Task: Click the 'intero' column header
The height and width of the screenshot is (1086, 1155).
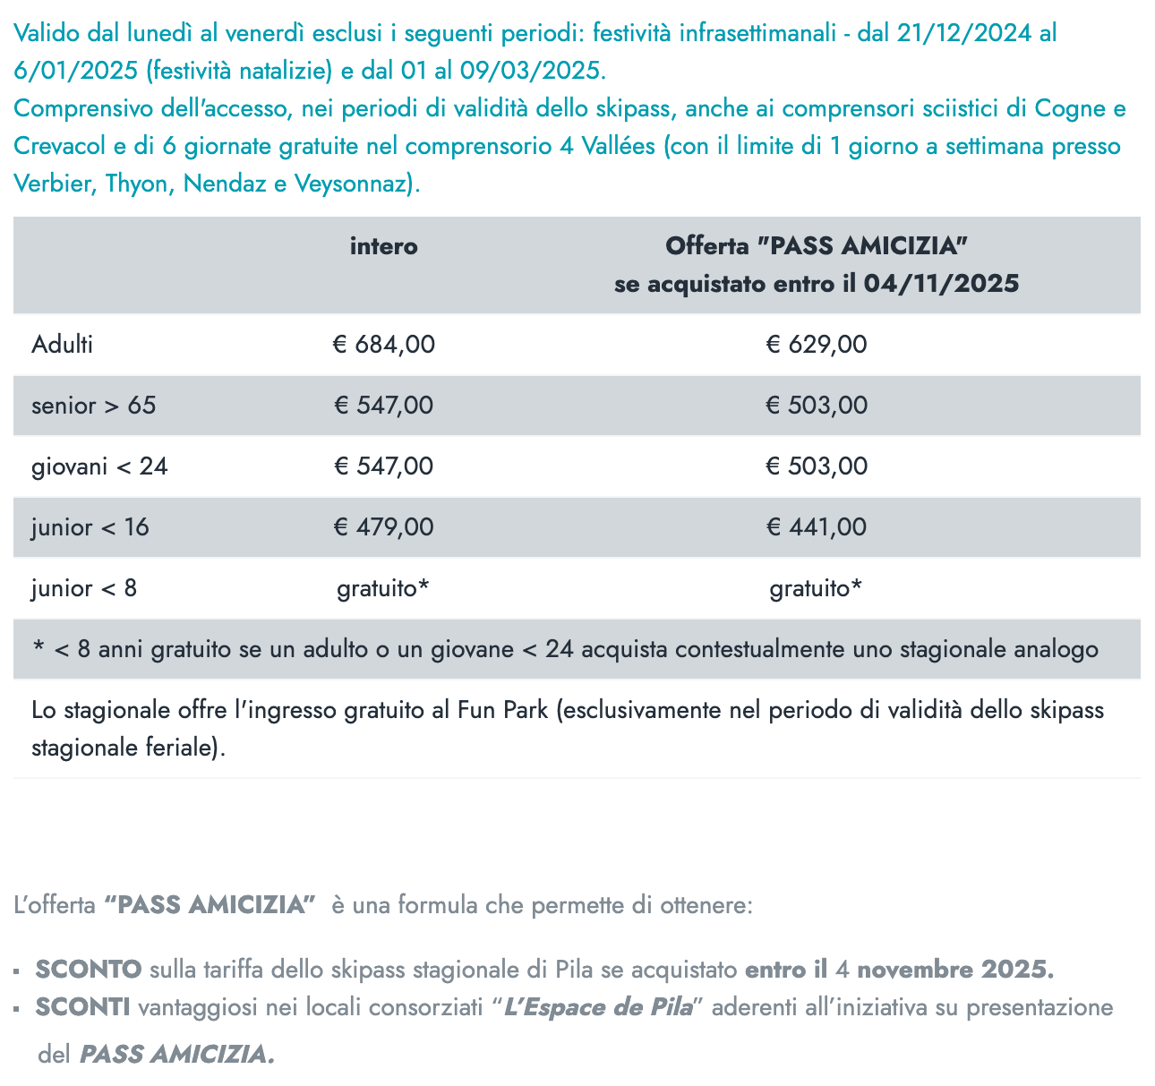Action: (x=383, y=246)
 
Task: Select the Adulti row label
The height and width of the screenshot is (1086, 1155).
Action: (x=62, y=345)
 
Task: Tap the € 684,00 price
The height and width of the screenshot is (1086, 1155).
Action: (x=383, y=345)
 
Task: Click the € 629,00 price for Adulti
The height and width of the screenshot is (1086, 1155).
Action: (x=817, y=345)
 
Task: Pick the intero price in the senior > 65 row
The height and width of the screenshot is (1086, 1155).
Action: (x=383, y=406)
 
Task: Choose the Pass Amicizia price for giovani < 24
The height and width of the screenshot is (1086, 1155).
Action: (x=817, y=466)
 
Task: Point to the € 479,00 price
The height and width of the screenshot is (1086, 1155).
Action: (x=383, y=527)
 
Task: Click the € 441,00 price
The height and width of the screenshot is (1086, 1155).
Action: (x=817, y=527)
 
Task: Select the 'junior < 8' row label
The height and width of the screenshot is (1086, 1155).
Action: (x=84, y=588)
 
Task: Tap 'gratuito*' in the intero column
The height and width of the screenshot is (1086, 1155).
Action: (x=383, y=588)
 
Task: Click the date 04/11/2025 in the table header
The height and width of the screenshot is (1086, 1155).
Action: (x=942, y=284)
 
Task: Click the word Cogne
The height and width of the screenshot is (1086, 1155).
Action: (x=1070, y=109)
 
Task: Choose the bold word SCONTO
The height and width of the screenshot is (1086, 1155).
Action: (x=89, y=970)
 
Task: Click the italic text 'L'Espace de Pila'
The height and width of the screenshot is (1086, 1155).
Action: (x=598, y=1008)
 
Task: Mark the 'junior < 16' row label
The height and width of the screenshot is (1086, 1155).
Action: (x=90, y=527)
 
